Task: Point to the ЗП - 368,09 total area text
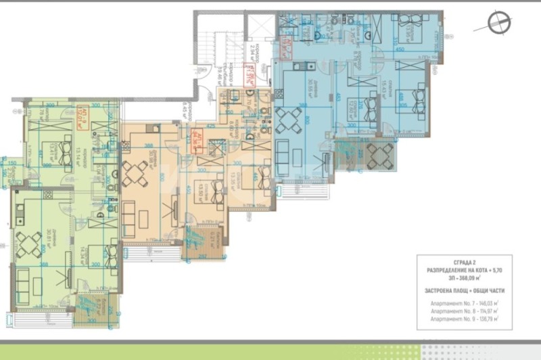click(x=465, y=277)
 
